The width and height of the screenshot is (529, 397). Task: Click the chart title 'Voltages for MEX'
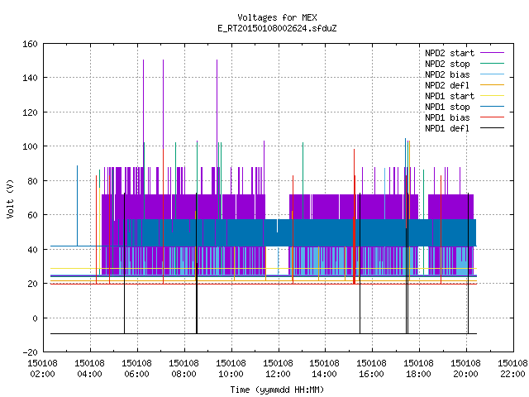[277, 17]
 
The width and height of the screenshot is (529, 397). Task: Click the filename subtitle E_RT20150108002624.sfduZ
[277, 28]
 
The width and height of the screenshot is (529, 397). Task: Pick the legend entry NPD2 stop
[447, 64]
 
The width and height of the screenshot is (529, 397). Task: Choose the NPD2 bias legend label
[447, 74]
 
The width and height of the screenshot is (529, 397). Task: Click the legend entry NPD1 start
[450, 96]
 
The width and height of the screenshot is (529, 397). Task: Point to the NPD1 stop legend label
[447, 107]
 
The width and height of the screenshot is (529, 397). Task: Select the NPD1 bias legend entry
[447, 117]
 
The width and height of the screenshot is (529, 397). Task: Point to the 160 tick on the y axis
[30, 44]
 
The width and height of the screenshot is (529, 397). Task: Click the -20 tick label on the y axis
[30, 352]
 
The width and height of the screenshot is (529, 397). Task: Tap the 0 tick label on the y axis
[35, 318]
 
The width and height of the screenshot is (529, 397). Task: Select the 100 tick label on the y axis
[30, 146]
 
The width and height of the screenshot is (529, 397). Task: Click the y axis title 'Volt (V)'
[10, 198]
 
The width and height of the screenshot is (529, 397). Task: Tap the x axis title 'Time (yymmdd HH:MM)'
[277, 390]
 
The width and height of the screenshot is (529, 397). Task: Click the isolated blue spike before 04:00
[77, 206]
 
